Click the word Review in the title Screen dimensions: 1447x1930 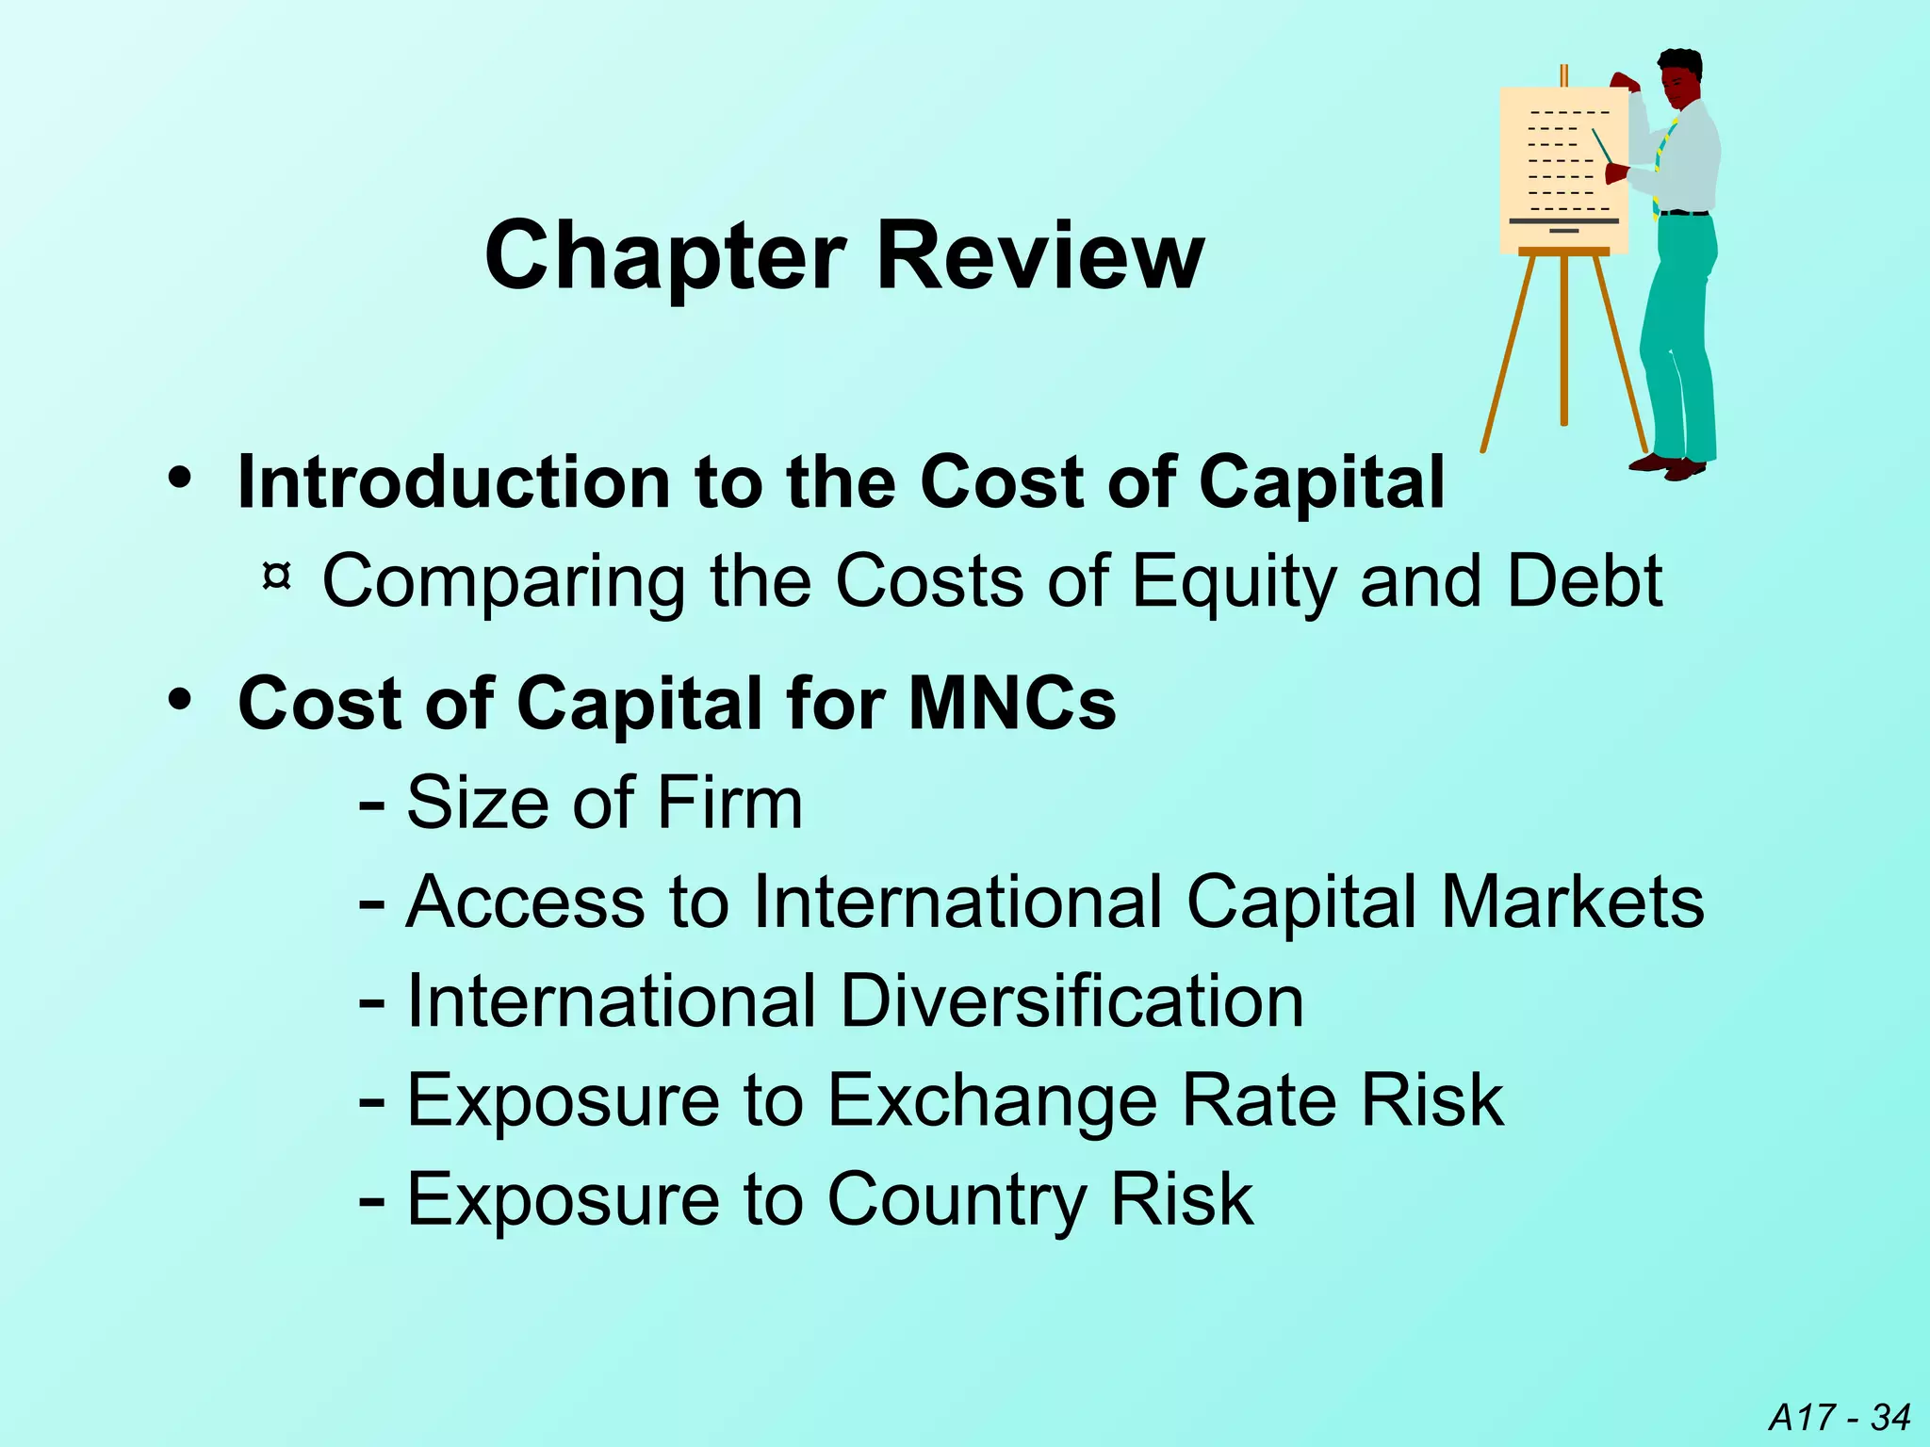[x=1040, y=256]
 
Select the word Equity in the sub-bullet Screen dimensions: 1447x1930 [x=1234, y=582]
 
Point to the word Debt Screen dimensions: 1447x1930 [x=1584, y=580]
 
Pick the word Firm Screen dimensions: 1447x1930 [x=729, y=803]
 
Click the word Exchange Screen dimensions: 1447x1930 [x=992, y=1100]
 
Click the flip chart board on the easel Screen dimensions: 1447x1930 [x=1563, y=170]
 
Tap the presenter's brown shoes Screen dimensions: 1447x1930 [x=1669, y=465]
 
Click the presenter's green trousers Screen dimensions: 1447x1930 [x=1683, y=330]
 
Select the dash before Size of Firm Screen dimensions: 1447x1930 [x=371, y=806]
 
